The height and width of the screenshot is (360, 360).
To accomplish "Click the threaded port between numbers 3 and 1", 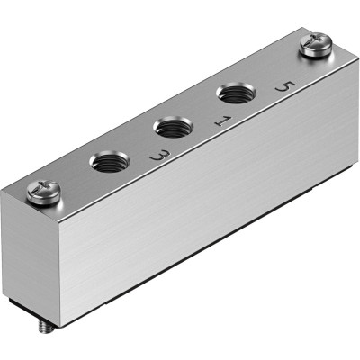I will tap(168, 127).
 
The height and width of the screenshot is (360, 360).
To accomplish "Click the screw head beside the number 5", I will tap(316, 45).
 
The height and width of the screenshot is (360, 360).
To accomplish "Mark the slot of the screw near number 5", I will tap(316, 43).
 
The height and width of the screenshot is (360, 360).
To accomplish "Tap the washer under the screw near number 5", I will tap(316, 53).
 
